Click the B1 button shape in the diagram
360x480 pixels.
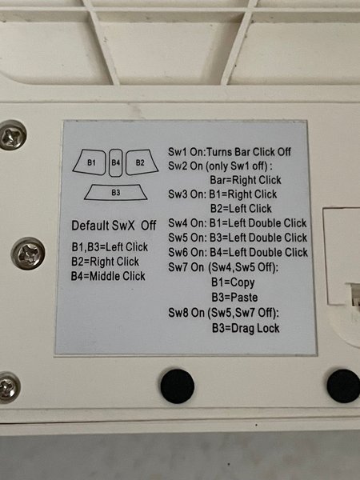90,162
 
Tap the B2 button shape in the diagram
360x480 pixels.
142,162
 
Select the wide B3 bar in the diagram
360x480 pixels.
116,192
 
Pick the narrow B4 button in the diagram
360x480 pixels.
116,162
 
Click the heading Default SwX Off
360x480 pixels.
114,226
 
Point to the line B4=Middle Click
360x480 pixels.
108,276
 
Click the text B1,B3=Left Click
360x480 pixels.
110,246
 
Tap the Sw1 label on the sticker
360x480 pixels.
178,152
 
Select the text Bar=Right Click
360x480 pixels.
246,180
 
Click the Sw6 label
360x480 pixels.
178,253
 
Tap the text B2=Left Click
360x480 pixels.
241,209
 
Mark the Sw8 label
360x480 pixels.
178,313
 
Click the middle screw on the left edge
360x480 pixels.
28,254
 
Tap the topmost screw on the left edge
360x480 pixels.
12,135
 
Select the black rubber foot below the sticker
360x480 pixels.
178,386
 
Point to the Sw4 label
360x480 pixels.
178,223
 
